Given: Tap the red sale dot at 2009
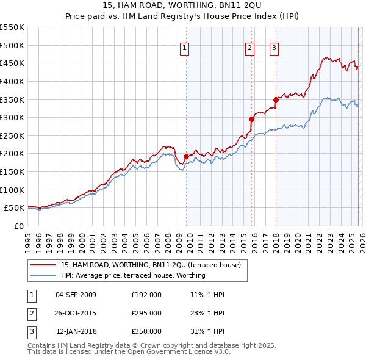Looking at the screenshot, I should coord(186,156).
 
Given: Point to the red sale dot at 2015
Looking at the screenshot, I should coord(251,119).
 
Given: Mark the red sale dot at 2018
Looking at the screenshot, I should coord(276,99).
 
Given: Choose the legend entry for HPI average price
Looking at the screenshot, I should coord(133,275).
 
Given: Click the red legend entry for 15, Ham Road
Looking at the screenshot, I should coord(151,265).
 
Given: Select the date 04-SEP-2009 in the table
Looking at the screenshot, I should coord(76,295).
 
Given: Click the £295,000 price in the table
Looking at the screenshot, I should coord(146,313).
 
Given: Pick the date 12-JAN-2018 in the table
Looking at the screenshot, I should coord(76,331).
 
